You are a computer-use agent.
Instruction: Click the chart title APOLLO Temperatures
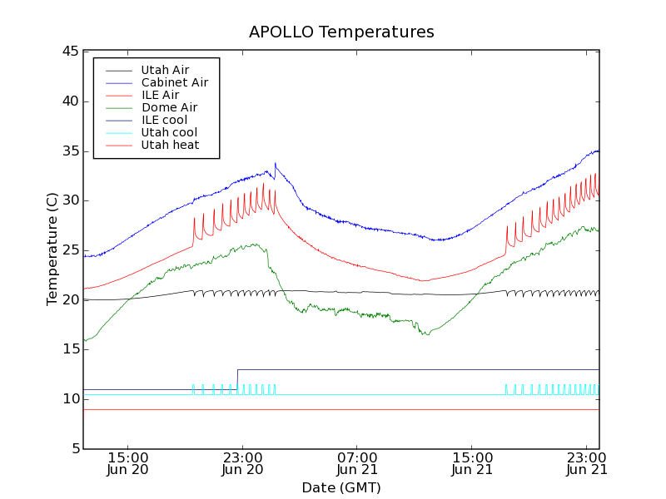(341, 32)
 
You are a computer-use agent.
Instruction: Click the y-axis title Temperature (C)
(52, 249)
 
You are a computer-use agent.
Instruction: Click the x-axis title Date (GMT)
(341, 487)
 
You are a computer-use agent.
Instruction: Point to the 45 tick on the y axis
(70, 52)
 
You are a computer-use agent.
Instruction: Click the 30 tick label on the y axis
(70, 200)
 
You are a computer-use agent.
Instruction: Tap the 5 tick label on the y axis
(74, 449)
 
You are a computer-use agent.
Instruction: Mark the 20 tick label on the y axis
(70, 299)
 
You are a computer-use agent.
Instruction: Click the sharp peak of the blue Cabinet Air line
(276, 164)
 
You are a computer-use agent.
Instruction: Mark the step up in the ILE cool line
(237, 370)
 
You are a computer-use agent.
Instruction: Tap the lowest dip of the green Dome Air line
(426, 334)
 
